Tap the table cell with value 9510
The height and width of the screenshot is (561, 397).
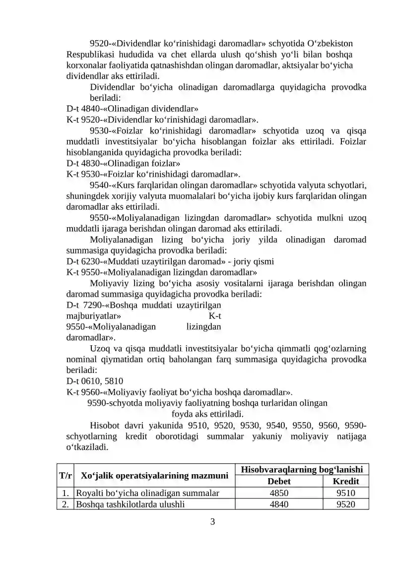pyautogui.click(x=345, y=493)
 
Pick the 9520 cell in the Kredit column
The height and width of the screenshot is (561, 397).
pyautogui.click(x=345, y=504)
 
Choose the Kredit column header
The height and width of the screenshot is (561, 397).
pyautogui.click(x=345, y=481)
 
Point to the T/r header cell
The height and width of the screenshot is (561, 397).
pyautogui.click(x=65, y=476)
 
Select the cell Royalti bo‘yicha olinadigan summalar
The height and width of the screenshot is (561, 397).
pyautogui.click(x=147, y=493)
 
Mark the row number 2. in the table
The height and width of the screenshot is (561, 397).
pyautogui.click(x=65, y=504)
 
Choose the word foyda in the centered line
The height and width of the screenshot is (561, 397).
pyautogui.click(x=181, y=414)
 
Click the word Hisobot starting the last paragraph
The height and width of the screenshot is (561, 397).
pyautogui.click(x=106, y=425)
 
